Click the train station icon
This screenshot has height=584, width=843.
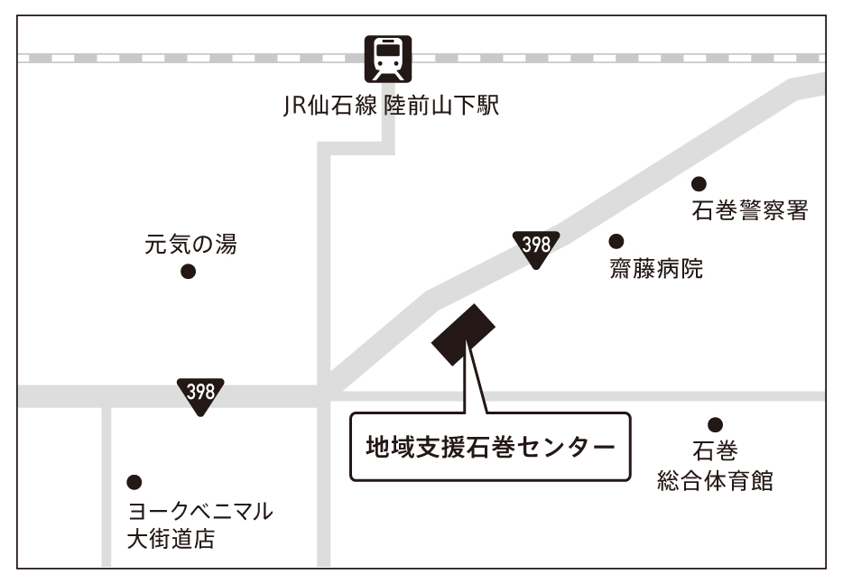click(x=387, y=59)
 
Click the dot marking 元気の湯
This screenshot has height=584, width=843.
click(x=188, y=272)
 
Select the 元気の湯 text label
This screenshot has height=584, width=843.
click(x=190, y=244)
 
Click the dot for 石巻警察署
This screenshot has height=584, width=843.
click(x=699, y=183)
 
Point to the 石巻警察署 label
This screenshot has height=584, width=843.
click(x=749, y=211)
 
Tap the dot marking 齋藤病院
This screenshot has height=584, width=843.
click(x=616, y=241)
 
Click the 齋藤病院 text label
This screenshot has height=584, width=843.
click(x=656, y=269)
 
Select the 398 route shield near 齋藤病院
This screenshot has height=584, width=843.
click(x=536, y=246)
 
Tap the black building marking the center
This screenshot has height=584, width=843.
click(x=464, y=334)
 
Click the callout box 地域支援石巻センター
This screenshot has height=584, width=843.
click(x=489, y=446)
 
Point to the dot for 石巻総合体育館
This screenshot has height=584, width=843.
click(x=716, y=424)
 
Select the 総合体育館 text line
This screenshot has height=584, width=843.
click(x=715, y=480)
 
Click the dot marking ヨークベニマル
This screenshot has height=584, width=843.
click(x=134, y=482)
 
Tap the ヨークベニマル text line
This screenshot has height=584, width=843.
click(x=199, y=512)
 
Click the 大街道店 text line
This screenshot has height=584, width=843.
click(x=171, y=541)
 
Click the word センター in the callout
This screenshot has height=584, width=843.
click(x=570, y=446)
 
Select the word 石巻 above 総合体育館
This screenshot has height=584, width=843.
click(x=715, y=450)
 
